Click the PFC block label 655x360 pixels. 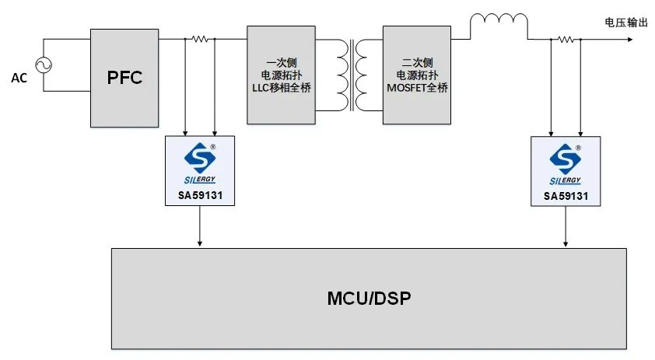[x=124, y=79]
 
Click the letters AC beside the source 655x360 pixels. [x=19, y=78]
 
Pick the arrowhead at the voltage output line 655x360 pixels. [x=619, y=39]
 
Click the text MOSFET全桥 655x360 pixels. [x=416, y=88]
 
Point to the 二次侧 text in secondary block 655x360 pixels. [x=416, y=62]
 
